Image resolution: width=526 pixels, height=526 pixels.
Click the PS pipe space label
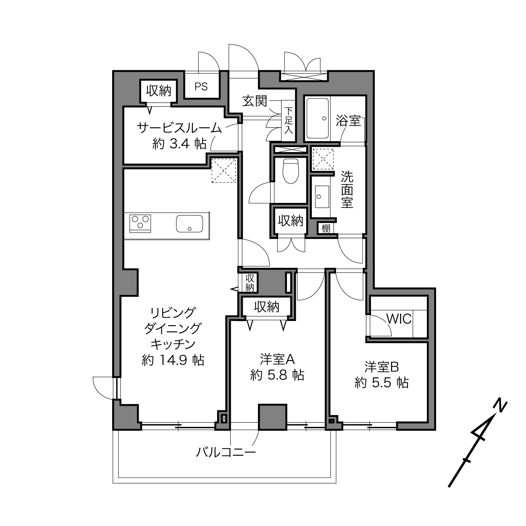pyautogui.click(x=201, y=87)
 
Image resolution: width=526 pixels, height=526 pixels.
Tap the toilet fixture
pyautogui.click(x=291, y=171)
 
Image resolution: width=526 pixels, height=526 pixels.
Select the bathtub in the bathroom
pyautogui.click(x=318, y=118)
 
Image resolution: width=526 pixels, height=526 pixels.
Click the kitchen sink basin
pyautogui.click(x=189, y=224)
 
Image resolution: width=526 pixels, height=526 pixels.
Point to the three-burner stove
pyautogui.click(x=140, y=224)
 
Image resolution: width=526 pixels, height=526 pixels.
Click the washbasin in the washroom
pyautogui.click(x=322, y=197)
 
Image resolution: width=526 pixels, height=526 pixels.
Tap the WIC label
pyautogui.click(x=399, y=319)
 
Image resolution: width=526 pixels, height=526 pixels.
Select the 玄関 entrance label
pyautogui.click(x=255, y=102)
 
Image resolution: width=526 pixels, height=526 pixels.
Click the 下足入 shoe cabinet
pyautogui.click(x=288, y=121)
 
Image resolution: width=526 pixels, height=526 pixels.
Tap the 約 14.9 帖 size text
pyautogui.click(x=173, y=360)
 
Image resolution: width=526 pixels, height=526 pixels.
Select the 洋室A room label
pyautogui.click(x=277, y=359)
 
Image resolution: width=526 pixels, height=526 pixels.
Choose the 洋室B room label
pyautogui.click(x=381, y=367)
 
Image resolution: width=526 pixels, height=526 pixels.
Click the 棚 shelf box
pyautogui.click(x=326, y=228)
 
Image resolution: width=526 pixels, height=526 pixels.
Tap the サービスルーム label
pyautogui.click(x=179, y=128)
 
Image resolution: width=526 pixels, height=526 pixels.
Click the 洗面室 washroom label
pyautogui.click(x=347, y=189)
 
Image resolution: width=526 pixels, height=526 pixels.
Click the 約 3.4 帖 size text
pyautogui.click(x=179, y=144)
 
